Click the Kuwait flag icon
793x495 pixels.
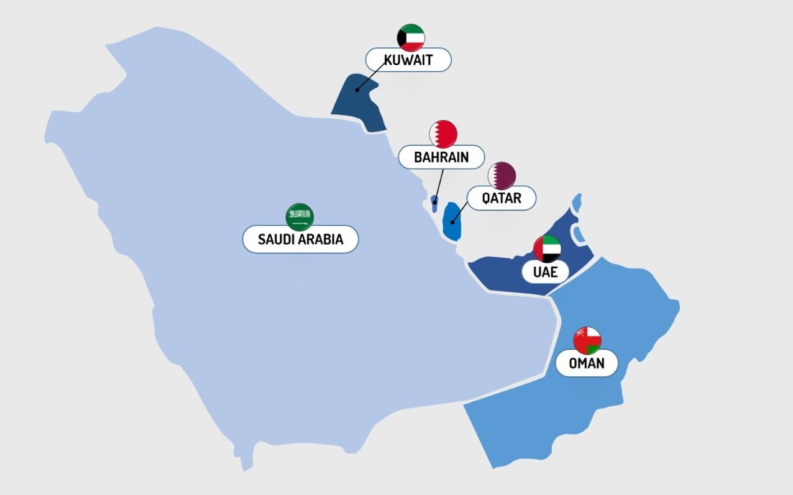pos(411,37)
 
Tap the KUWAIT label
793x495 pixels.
pos(408,60)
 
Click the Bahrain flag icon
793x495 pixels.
pos(443,134)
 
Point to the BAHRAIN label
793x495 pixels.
pos(441,157)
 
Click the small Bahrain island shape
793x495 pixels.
pos(434,202)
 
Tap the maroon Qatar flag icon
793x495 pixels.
pos(502,176)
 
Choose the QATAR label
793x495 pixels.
pos(502,198)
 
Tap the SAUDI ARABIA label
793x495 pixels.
pos(300,239)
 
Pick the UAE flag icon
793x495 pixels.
pos(547,249)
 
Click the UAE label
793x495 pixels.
pos(545,271)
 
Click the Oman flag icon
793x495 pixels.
pos(587,340)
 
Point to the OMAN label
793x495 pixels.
pos(587,363)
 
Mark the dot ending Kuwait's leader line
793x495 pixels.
pos(357,90)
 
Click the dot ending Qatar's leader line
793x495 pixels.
pos(453,222)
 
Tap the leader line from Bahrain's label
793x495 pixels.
pos(439,183)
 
